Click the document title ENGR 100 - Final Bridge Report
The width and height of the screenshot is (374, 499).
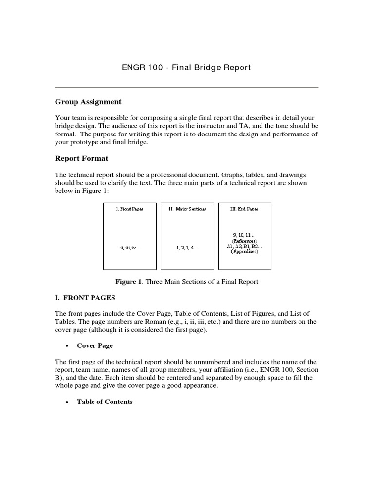pyautogui.click(x=187, y=67)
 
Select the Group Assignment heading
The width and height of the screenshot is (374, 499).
pyautogui.click(x=88, y=102)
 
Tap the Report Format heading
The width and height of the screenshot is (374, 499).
pyautogui.click(x=81, y=158)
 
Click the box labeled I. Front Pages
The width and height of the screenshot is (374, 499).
pyautogui.click(x=130, y=236)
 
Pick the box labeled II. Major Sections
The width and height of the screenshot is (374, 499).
pyautogui.click(x=187, y=236)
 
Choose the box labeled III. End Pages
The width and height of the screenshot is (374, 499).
pyautogui.click(x=244, y=236)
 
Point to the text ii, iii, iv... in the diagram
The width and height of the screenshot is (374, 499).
pyautogui.click(x=130, y=248)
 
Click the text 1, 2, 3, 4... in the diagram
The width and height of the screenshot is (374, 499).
pyautogui.click(x=187, y=248)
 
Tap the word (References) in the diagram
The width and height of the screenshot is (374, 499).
pyautogui.click(x=244, y=241)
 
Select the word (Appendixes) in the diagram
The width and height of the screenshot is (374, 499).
pyautogui.click(x=244, y=252)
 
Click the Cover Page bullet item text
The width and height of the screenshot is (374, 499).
pyautogui.click(x=95, y=345)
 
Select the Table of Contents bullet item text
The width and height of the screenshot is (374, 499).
pyautogui.click(x=105, y=402)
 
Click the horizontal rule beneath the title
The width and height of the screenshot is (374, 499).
pyautogui.click(x=187, y=88)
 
